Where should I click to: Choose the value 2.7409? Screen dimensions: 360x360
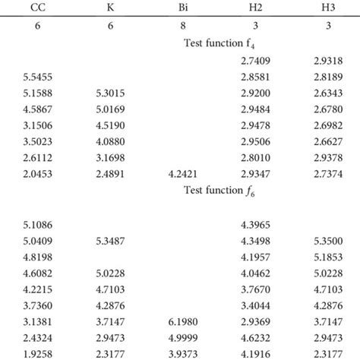point(251,61)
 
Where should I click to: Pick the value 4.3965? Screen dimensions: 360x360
point(251,225)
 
